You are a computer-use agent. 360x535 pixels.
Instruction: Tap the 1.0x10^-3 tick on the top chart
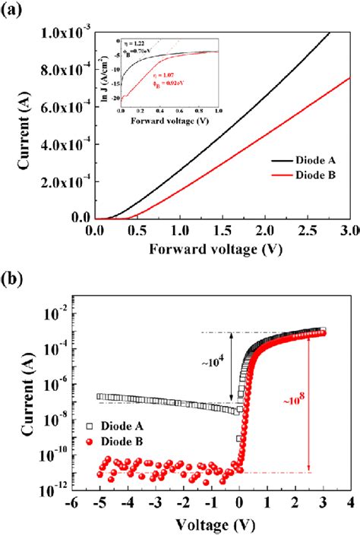tap(61, 33)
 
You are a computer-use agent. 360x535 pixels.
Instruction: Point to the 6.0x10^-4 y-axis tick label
tap(61, 106)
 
